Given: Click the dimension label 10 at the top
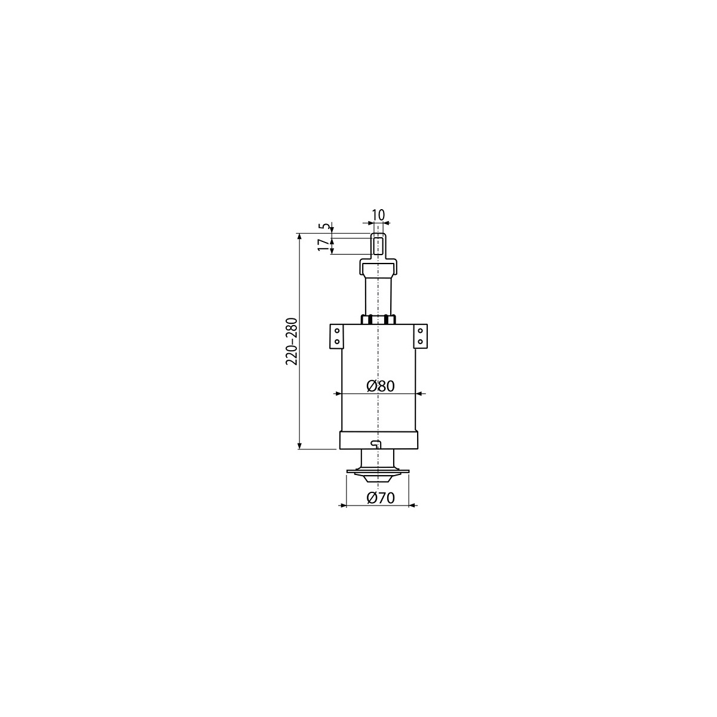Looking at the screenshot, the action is [377, 215].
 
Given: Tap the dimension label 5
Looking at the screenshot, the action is [324, 226].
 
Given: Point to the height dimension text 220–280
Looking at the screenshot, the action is [292, 341].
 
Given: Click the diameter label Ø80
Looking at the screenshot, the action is [380, 387].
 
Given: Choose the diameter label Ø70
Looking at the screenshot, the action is [380, 498].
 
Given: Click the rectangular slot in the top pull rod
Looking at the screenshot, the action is [377, 246].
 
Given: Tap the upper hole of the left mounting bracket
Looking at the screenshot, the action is [337, 330].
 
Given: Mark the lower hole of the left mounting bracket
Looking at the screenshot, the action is [337, 341].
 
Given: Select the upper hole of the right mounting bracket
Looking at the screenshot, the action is [421, 330].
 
